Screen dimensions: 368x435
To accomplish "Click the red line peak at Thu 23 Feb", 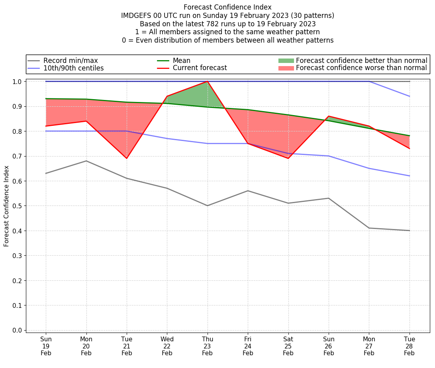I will pyautogui.click(x=208, y=82).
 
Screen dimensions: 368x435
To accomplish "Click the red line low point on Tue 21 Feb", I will pyautogui.click(x=127, y=158).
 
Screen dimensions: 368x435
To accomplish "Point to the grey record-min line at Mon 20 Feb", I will pyautogui.click(x=86, y=161).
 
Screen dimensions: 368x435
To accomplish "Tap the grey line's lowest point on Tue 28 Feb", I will pyautogui.click(x=410, y=231).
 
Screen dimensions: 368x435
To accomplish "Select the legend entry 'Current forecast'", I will pyautogui.click(x=200, y=68).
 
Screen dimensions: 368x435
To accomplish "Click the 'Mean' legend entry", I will pyautogui.click(x=181, y=61).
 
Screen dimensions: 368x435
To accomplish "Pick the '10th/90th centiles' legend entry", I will pyautogui.click(x=73, y=68).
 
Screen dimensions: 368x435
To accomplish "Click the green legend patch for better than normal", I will pyautogui.click(x=286, y=61).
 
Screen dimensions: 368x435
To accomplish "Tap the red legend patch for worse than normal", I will pyautogui.click(x=286, y=68).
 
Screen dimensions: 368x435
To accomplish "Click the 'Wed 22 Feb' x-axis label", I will pyautogui.click(x=167, y=346).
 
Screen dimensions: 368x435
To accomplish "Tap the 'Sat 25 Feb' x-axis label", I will pyautogui.click(x=288, y=346).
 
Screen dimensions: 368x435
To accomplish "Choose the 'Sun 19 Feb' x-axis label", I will pyautogui.click(x=46, y=346).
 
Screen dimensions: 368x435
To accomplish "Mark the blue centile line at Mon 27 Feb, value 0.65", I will pyautogui.click(x=369, y=168).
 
